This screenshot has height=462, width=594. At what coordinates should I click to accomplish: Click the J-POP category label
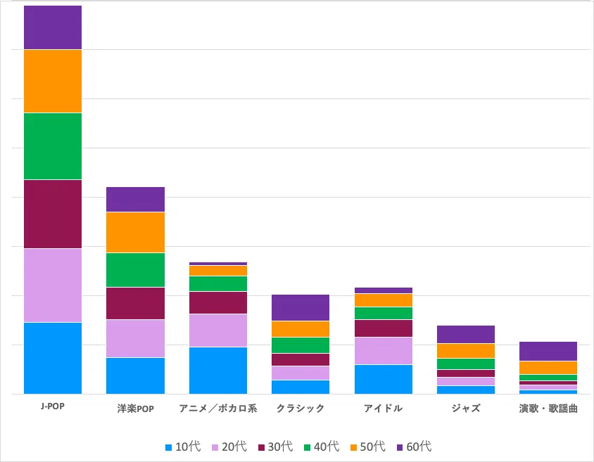coord(53,406)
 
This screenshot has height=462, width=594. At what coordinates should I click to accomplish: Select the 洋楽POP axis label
coord(135,409)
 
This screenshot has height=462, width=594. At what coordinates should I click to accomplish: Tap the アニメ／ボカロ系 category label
coord(218,409)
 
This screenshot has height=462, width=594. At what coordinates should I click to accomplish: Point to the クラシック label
coord(301,409)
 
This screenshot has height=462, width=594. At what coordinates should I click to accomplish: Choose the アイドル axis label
coord(383,409)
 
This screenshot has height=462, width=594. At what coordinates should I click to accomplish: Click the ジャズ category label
coord(466,409)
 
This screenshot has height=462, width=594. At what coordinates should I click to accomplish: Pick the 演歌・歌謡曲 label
coord(548,409)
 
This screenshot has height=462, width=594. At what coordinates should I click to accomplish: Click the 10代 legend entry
coord(183,447)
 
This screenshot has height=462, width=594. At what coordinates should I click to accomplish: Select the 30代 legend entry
coord(275,447)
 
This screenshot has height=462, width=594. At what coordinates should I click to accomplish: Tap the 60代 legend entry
coord(414,447)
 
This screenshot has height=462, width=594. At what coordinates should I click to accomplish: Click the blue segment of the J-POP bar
coord(53,359)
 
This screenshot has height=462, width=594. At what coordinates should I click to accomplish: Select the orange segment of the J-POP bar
coord(53,82)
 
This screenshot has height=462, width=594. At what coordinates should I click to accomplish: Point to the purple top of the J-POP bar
coord(53,27)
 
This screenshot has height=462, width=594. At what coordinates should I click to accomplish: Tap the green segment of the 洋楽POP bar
coord(135,270)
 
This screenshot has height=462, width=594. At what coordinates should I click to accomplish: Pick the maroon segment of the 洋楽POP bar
coord(135,304)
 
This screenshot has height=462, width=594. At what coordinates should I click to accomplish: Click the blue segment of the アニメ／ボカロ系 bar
coord(218,371)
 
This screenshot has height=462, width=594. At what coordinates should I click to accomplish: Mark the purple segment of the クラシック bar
coord(301,307)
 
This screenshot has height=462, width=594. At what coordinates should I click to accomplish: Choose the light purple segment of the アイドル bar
coord(384,351)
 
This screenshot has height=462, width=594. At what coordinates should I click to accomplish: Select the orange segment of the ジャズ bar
coord(466,351)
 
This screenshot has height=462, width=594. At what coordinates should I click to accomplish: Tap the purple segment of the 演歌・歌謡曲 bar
coord(548,351)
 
